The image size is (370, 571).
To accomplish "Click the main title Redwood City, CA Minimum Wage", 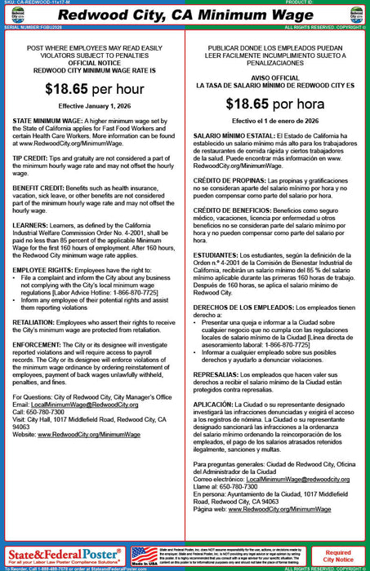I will (185, 15).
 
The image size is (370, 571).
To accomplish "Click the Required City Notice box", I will (338, 555).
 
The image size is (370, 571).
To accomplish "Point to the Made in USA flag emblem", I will (144, 555).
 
